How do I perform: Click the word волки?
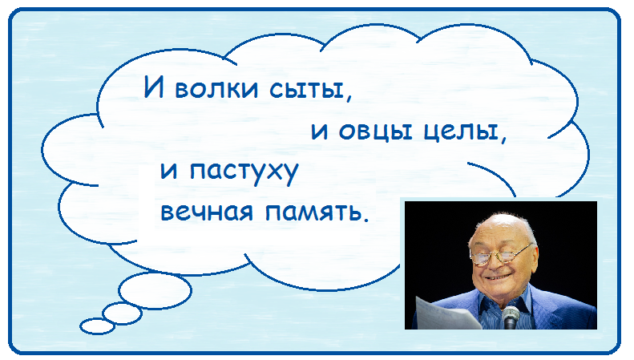[x=216, y=88]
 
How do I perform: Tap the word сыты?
[x=306, y=88]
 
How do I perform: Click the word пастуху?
[x=244, y=172]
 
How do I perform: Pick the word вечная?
[x=207, y=212]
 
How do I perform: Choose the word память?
[x=312, y=212]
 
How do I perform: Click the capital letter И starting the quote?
[x=154, y=87]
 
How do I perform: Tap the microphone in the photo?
[x=511, y=318]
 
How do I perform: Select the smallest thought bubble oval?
[x=98, y=326]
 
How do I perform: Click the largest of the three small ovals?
[x=155, y=290]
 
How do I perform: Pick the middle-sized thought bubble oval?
[x=122, y=313]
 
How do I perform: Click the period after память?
[x=366, y=219]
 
